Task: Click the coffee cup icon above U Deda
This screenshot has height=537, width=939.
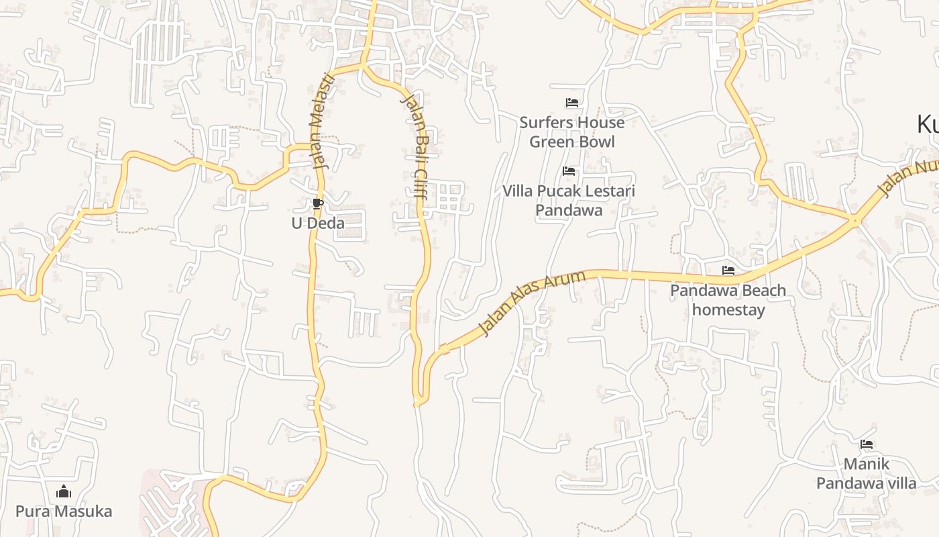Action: tap(318, 204)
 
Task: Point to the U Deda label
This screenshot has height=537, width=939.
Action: tap(318, 223)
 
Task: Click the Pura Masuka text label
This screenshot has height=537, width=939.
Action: tap(64, 511)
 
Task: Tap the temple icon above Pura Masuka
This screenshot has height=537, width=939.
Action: tap(64, 492)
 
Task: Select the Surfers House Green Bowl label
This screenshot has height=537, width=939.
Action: tap(572, 132)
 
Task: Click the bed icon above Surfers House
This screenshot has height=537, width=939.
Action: tap(572, 103)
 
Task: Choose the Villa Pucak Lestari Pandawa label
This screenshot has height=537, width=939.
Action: tap(569, 200)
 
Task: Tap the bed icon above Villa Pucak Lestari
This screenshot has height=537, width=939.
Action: tap(569, 171)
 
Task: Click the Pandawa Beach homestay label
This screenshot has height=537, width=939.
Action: tap(728, 300)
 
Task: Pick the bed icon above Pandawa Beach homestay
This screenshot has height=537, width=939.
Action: tap(728, 271)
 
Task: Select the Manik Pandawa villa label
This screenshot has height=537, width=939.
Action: tap(867, 473)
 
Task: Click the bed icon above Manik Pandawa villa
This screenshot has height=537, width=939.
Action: tap(867, 444)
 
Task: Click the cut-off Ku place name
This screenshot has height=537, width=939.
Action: tap(928, 125)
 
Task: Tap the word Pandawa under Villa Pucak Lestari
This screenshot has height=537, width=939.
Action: tap(569, 210)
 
